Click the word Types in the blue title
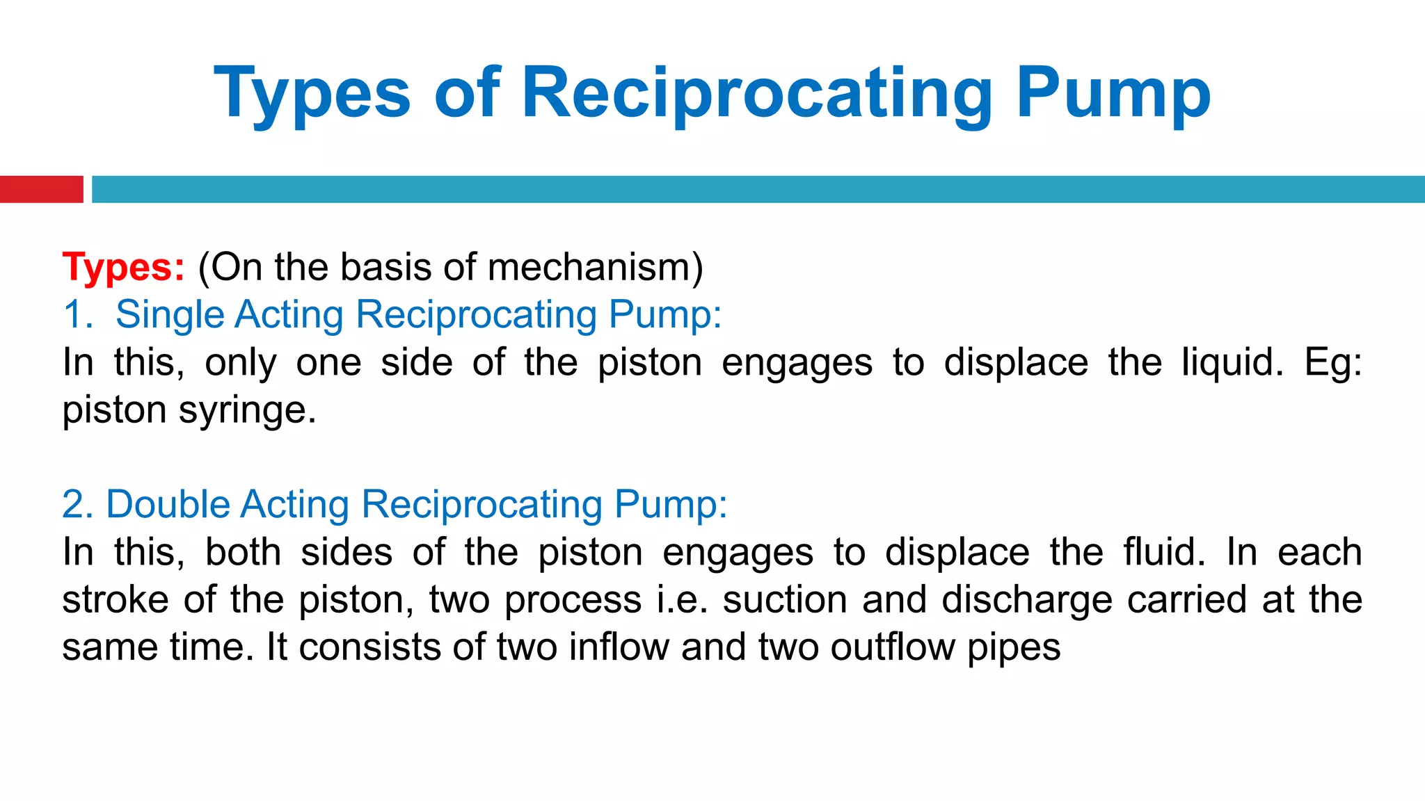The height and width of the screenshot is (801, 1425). coord(312,95)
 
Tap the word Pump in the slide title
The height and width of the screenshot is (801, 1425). coord(1113,95)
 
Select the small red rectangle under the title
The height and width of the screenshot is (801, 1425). coord(41,189)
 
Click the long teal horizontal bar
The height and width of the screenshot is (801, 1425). coord(758,189)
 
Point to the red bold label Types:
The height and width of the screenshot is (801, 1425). coord(124,268)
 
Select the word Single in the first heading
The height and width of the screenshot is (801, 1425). coord(170,315)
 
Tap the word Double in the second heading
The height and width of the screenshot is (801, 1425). coord(168,504)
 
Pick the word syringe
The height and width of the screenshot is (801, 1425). coord(247,410)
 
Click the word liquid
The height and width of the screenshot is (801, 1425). coord(1232,362)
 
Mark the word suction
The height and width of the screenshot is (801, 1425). coord(784,599)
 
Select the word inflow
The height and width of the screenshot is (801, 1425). coord(619,647)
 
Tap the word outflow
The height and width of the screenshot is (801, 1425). coord(892,647)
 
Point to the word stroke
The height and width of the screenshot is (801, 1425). coord(115,599)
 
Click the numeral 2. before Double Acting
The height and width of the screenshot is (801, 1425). coord(77,504)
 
